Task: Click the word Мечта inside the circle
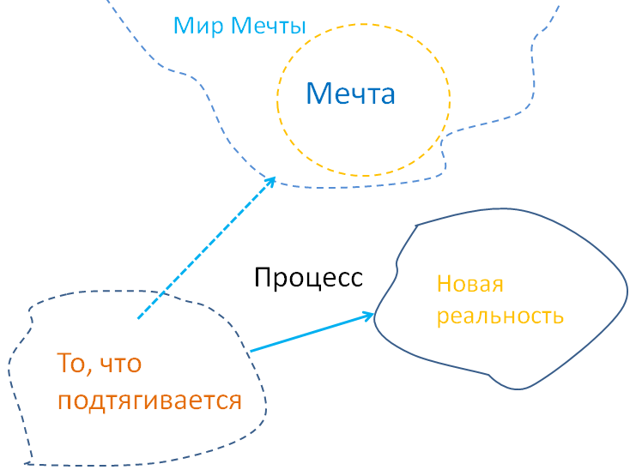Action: click(351, 93)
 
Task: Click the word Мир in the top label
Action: click(191, 26)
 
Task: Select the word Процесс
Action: click(309, 277)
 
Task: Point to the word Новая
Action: click(469, 284)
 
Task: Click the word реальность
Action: click(500, 316)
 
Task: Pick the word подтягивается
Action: click(149, 401)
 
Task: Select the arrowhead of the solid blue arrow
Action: click(372, 316)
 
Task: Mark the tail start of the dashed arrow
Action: click(138, 319)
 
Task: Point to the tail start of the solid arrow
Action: click(250, 351)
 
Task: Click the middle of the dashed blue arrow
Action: click(206, 249)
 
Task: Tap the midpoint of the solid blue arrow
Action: click(311, 333)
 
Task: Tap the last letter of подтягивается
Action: click(235, 401)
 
